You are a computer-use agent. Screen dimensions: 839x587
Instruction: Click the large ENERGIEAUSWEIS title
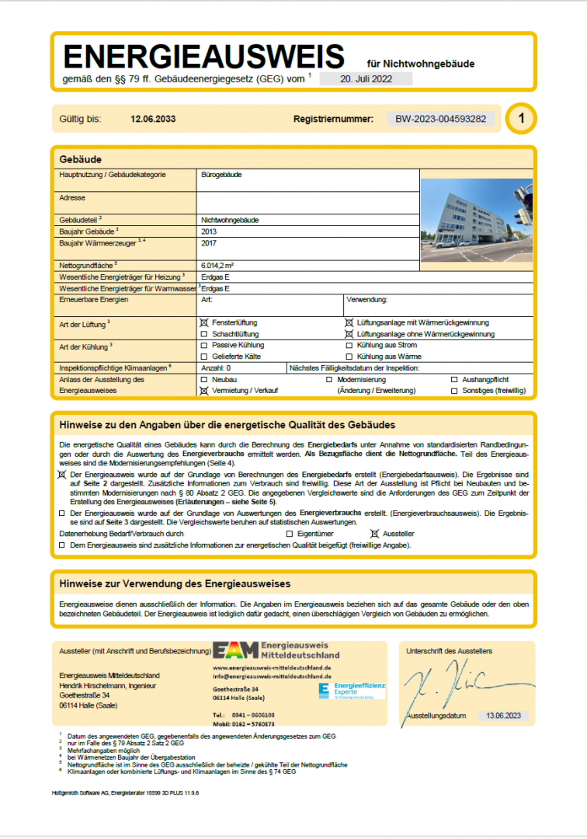[x=203, y=57]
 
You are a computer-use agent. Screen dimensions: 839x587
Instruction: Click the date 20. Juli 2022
[x=365, y=78]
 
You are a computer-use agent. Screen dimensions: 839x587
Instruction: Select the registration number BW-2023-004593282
[x=441, y=119]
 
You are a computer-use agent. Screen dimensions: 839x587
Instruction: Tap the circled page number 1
[x=522, y=119]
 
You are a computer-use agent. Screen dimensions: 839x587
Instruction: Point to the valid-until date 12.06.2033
[x=153, y=119]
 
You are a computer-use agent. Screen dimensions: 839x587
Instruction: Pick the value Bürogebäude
[x=221, y=175]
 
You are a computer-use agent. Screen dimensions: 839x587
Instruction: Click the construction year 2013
[x=208, y=232]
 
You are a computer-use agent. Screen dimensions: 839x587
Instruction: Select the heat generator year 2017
[x=208, y=243]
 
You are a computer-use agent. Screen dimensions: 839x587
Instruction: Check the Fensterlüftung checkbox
[x=204, y=322]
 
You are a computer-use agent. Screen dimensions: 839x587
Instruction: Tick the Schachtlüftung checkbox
[x=204, y=333]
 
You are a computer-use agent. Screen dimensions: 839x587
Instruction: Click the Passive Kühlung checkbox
[x=204, y=345]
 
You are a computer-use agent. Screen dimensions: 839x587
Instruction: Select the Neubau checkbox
[x=204, y=379]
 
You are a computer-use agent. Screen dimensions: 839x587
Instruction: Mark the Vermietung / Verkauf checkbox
[x=204, y=391]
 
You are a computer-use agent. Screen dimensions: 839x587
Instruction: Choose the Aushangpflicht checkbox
[x=455, y=379]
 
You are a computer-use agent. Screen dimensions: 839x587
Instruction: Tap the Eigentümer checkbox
[x=290, y=534]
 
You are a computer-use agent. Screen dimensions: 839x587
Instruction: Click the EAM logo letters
[x=236, y=651]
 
